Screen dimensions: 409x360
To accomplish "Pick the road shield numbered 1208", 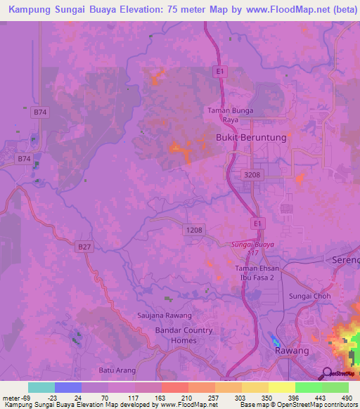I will pos(195,230).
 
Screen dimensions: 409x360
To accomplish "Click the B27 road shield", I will pos(84,246).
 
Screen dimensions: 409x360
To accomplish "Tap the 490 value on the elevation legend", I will pos(347,396).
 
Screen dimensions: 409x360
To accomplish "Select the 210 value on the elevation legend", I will pos(186,396).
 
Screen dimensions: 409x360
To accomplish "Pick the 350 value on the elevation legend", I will pos(266,396).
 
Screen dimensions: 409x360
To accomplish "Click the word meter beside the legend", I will pos(10,396).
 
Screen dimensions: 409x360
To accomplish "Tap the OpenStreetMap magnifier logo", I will pos(326,372).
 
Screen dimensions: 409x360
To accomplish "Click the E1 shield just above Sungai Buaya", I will pos(258,223).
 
